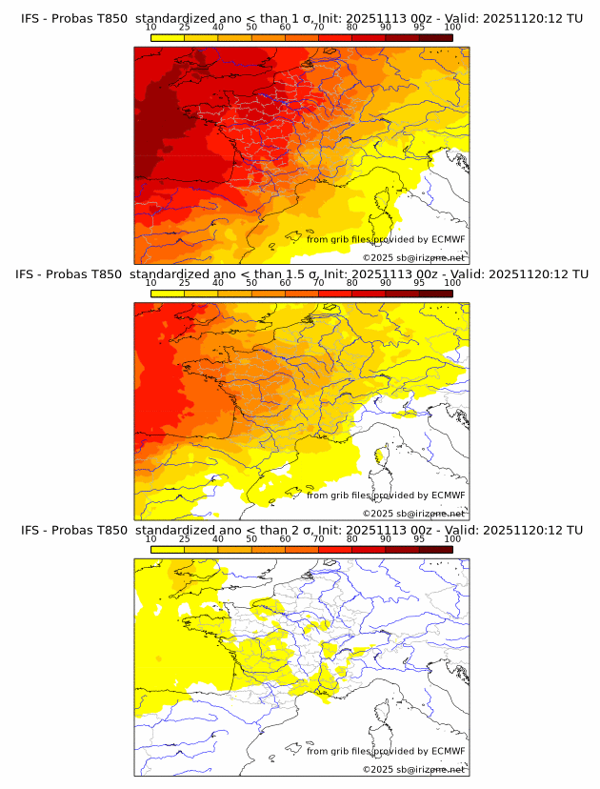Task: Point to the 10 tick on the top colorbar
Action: [151, 27]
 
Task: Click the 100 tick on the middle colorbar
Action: [452, 283]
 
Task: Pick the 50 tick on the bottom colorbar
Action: [251, 538]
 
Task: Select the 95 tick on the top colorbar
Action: [419, 27]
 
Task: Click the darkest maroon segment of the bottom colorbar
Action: [435, 549]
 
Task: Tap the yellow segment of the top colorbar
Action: [168, 37]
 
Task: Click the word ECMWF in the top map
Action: [449, 239]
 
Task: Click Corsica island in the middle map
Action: [381, 456]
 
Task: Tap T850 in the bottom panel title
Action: [111, 530]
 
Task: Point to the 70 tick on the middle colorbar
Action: [318, 283]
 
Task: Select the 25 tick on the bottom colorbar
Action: [185, 538]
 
